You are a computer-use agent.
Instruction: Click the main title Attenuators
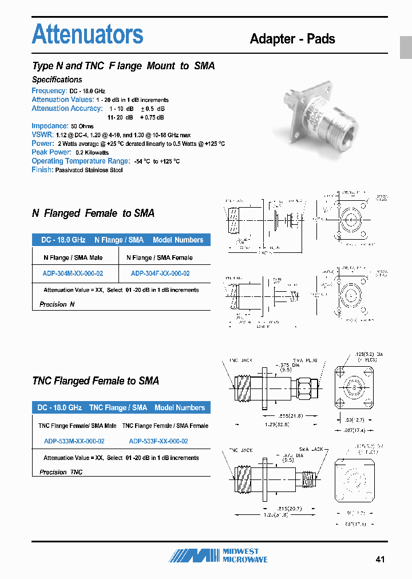pyautogui.click(x=88, y=34)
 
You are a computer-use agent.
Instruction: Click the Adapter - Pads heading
pyautogui.click(x=292, y=39)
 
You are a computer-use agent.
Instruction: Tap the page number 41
pyautogui.click(x=381, y=559)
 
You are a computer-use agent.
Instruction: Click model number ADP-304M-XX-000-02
pyautogui.click(x=73, y=273)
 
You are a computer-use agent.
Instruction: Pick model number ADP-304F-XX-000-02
pyautogui.click(x=160, y=273)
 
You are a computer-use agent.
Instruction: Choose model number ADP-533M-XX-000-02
pyautogui.click(x=74, y=441)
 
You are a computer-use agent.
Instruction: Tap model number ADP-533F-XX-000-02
pyautogui.click(x=159, y=441)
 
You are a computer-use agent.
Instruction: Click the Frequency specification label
pyautogui.click(x=49, y=91)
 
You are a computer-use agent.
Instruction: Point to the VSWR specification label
pyautogui.click(x=42, y=134)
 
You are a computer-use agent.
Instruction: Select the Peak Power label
pyautogui.click(x=51, y=152)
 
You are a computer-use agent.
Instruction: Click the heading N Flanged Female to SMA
pyautogui.click(x=93, y=213)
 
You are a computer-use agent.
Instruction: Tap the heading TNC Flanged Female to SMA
pyautogui.click(x=96, y=381)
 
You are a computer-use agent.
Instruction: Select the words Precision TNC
pyautogui.click(x=61, y=472)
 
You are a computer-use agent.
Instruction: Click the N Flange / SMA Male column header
pyautogui.click(x=73, y=257)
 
